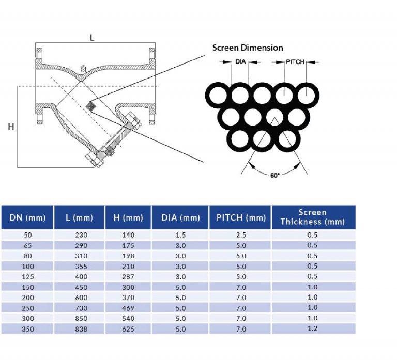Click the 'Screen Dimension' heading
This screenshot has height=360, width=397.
(x=248, y=48)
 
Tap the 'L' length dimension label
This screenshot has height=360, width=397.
(x=92, y=38)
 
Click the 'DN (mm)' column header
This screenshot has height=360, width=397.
(x=27, y=217)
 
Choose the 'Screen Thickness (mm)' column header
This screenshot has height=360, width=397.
(x=312, y=217)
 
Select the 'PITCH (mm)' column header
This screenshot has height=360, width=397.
(x=240, y=217)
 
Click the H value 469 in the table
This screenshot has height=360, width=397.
(x=128, y=308)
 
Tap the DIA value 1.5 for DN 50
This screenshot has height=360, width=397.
(x=180, y=234)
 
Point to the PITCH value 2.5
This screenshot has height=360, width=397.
(x=240, y=234)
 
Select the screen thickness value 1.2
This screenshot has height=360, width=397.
(x=312, y=328)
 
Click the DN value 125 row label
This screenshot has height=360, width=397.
(x=27, y=276)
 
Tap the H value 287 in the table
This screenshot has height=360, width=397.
(x=128, y=276)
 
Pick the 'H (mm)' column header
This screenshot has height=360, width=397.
(x=128, y=217)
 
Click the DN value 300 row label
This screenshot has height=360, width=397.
(x=27, y=318)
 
